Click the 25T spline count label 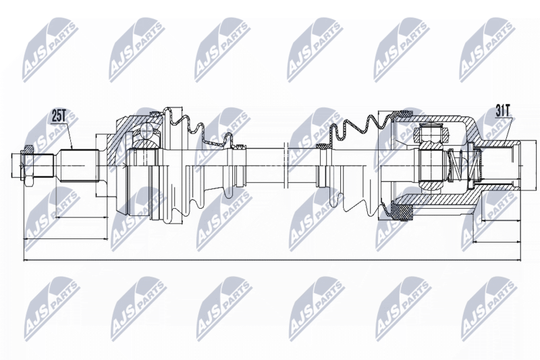(x=58, y=115)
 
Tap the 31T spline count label (x=504, y=111)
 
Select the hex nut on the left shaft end (x=28, y=165)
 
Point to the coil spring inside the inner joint (x=460, y=166)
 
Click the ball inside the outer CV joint (x=146, y=132)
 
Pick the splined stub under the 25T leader (x=80, y=165)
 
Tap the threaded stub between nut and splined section (x=44, y=165)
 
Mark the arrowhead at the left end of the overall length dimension (x=26, y=260)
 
